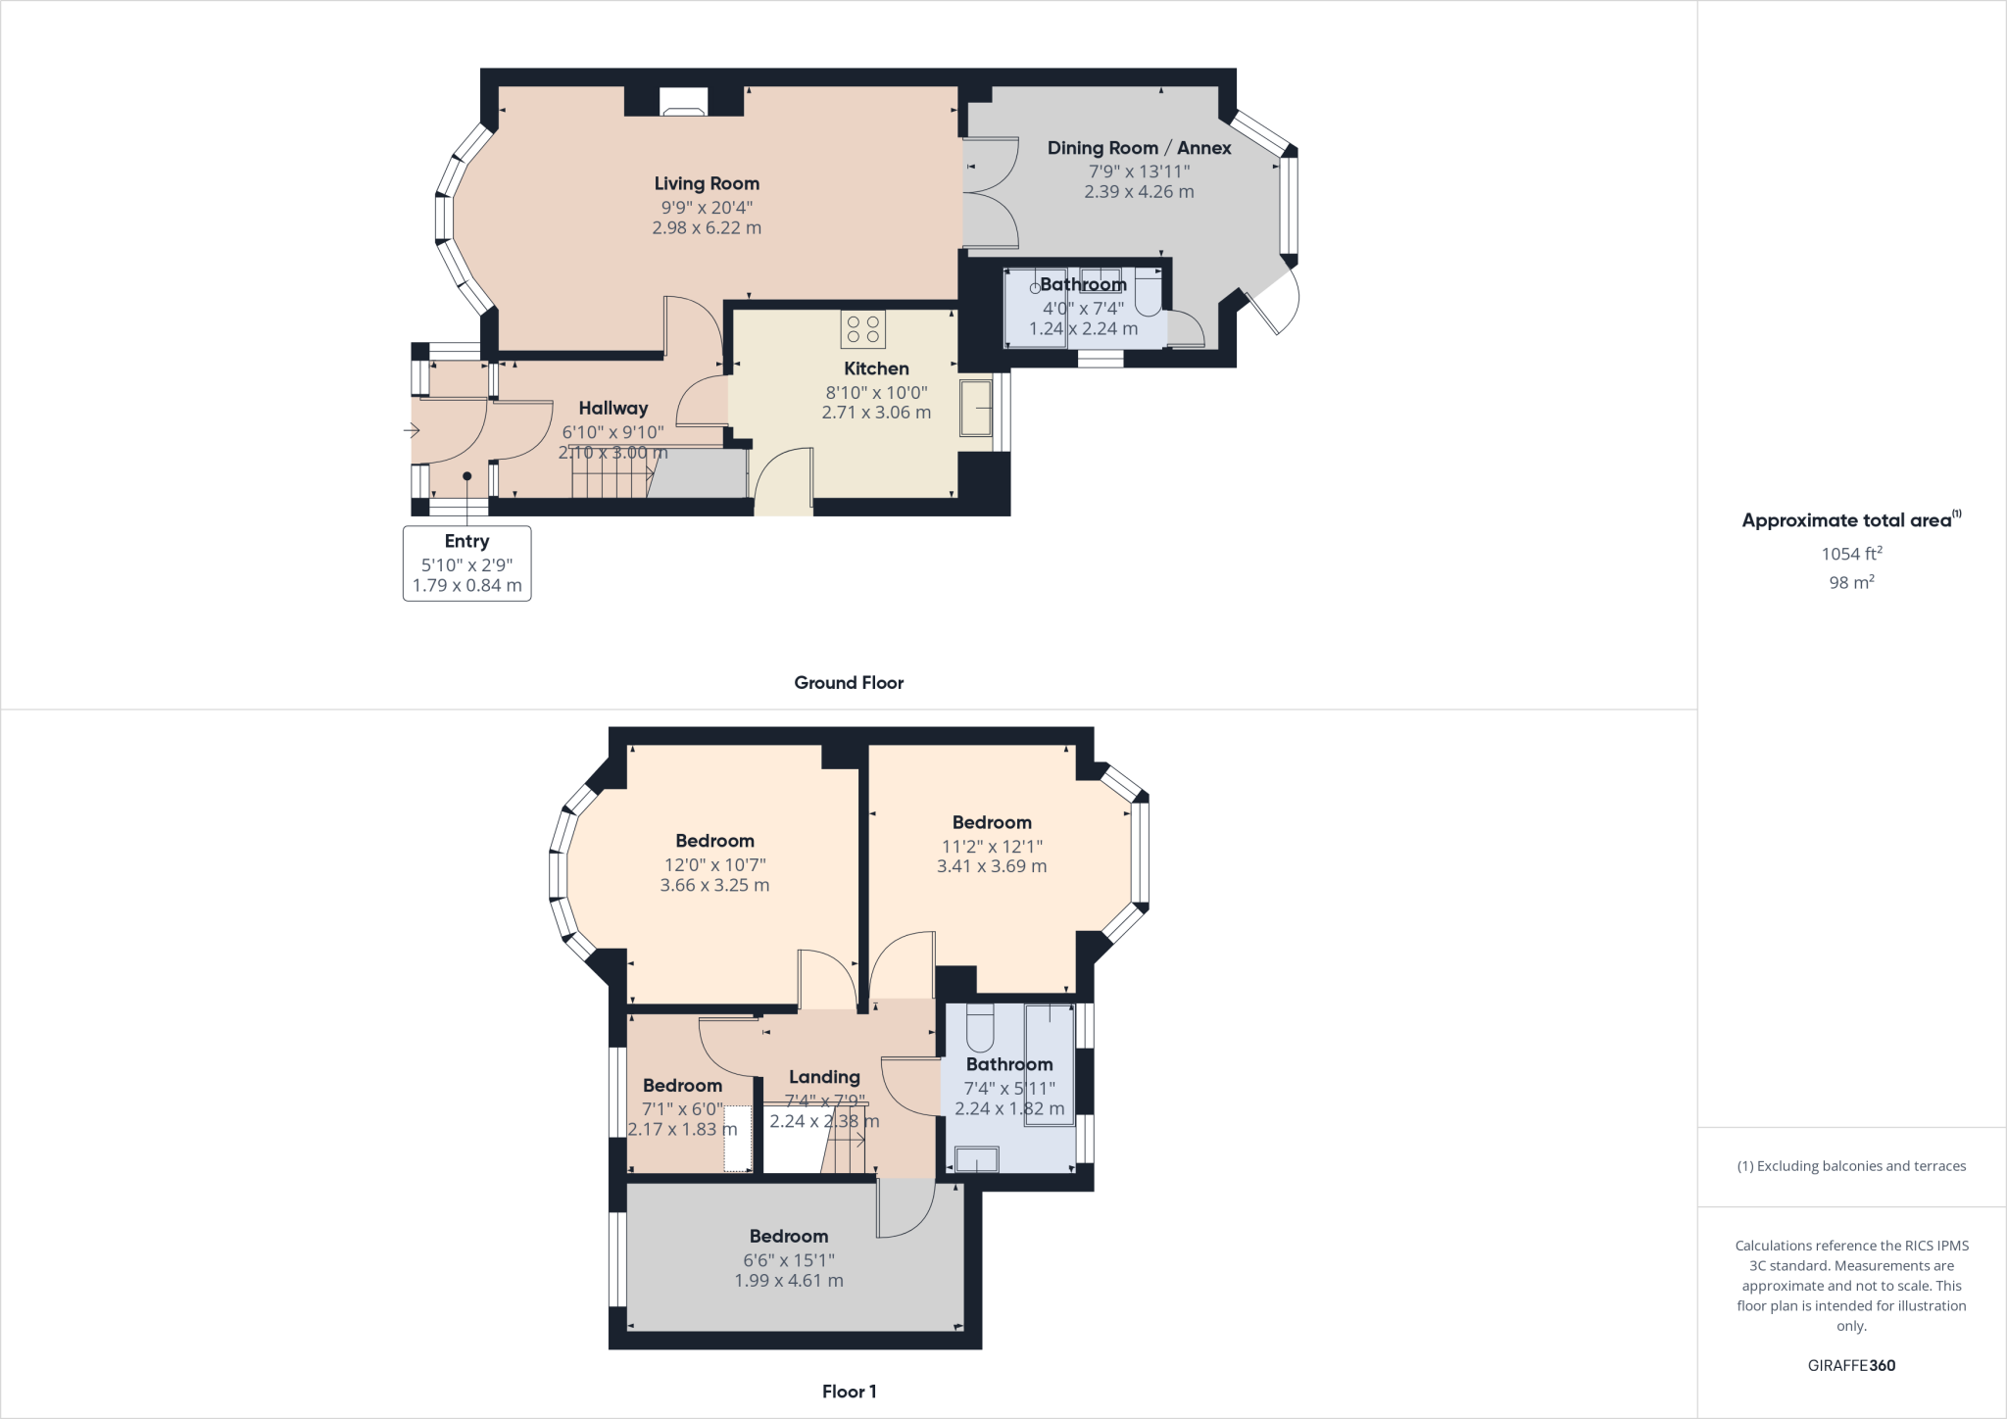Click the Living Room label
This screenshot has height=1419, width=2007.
[x=707, y=183]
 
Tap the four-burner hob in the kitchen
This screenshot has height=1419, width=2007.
[x=862, y=329]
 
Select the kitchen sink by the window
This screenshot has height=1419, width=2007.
[x=976, y=408]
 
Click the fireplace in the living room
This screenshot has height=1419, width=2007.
[x=682, y=102]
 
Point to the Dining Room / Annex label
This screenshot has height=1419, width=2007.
[x=1139, y=148]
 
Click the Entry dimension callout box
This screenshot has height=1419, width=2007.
[x=466, y=563]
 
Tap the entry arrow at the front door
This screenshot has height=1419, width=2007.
[x=411, y=430]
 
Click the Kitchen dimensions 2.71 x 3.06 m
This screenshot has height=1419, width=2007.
[x=876, y=413]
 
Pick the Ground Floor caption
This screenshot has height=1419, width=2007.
[x=849, y=683]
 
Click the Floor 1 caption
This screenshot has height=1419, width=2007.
[x=849, y=1392]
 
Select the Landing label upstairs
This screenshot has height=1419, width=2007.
[x=824, y=1077]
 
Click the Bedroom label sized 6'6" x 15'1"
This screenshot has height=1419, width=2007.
[x=789, y=1237]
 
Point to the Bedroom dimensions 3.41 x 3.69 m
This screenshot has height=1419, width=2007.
[x=992, y=866]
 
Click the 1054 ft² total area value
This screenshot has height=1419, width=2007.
[x=1850, y=554]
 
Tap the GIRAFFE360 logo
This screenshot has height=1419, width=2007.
[x=1850, y=1365]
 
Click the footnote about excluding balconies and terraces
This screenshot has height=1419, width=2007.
[x=1850, y=1166]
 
